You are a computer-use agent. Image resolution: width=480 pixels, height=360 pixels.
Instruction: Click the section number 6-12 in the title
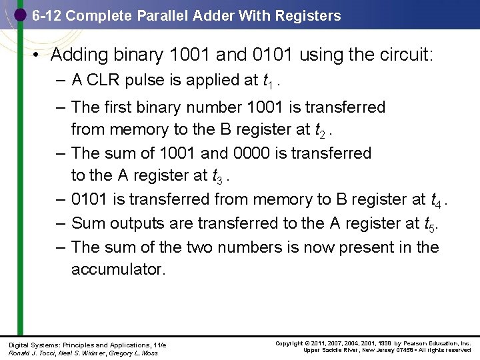[47, 15]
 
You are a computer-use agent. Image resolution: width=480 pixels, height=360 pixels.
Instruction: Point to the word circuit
[406, 54]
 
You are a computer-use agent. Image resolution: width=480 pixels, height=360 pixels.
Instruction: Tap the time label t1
[268, 81]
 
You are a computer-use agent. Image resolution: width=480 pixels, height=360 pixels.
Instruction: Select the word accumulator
[118, 269]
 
